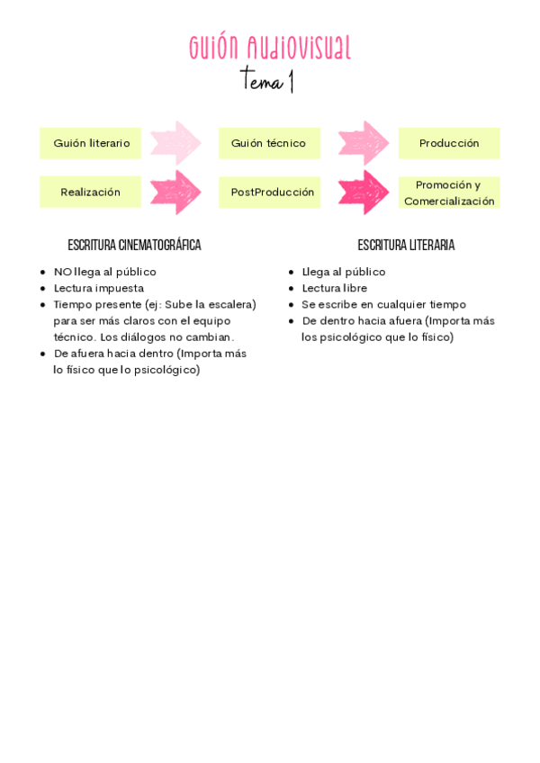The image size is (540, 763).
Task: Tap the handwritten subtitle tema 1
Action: coord(267,81)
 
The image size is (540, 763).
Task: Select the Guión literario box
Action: coord(91,143)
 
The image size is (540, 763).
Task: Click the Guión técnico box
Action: coord(268,143)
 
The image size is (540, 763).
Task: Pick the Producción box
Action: coord(449,143)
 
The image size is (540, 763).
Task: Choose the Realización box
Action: coord(90,192)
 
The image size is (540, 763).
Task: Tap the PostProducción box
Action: coord(272,192)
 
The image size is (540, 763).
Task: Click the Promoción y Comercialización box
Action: coord(449,193)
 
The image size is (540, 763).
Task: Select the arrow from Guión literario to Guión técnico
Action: coord(176,143)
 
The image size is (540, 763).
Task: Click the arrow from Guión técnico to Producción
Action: coord(363,143)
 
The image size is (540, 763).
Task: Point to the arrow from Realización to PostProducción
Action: coord(176,192)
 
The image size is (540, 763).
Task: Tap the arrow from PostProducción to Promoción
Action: coord(363,192)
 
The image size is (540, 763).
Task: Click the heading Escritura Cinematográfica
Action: coord(134,245)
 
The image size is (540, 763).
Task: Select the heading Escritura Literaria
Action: coord(406,245)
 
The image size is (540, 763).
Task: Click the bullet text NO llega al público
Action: coord(104,272)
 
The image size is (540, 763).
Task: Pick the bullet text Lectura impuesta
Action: coord(98,288)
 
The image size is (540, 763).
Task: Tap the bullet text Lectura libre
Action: coord(334,288)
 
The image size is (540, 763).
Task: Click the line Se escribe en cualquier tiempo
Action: coord(383,304)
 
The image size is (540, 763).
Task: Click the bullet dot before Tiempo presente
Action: coord(43,305)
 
